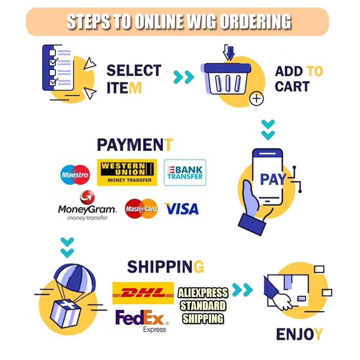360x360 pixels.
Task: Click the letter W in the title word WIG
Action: [x=195, y=22]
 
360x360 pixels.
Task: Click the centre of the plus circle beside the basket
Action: [x=256, y=99]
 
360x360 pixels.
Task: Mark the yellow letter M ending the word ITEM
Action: [x=135, y=88]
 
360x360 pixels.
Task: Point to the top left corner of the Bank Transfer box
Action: [x=164, y=159]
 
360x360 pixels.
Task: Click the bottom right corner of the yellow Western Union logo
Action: [x=157, y=185]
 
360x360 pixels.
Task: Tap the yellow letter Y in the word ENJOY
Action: [x=318, y=334]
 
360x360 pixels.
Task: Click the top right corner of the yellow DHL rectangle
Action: [x=174, y=282]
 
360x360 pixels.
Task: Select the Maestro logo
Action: [x=75, y=175]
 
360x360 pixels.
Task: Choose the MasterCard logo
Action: [x=141, y=209]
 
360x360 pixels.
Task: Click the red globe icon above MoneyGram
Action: [x=87, y=197]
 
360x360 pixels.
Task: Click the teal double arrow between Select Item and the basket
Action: [x=184, y=77]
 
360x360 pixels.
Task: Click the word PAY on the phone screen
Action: [x=273, y=179]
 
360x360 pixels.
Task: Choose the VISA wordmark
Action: [x=181, y=209]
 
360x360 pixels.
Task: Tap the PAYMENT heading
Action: [x=135, y=145]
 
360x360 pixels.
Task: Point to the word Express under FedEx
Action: [x=154, y=329]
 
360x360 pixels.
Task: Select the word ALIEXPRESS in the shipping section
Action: [x=203, y=293]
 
